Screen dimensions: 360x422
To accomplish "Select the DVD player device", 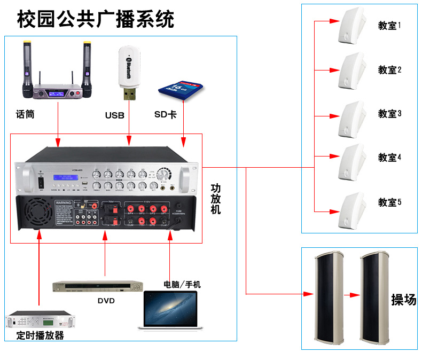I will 98,286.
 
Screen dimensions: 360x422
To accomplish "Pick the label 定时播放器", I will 40,335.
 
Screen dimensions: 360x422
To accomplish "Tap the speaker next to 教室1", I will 351,26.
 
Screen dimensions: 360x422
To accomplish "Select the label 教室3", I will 389,114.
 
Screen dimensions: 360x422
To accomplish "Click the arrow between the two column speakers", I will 350,294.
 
